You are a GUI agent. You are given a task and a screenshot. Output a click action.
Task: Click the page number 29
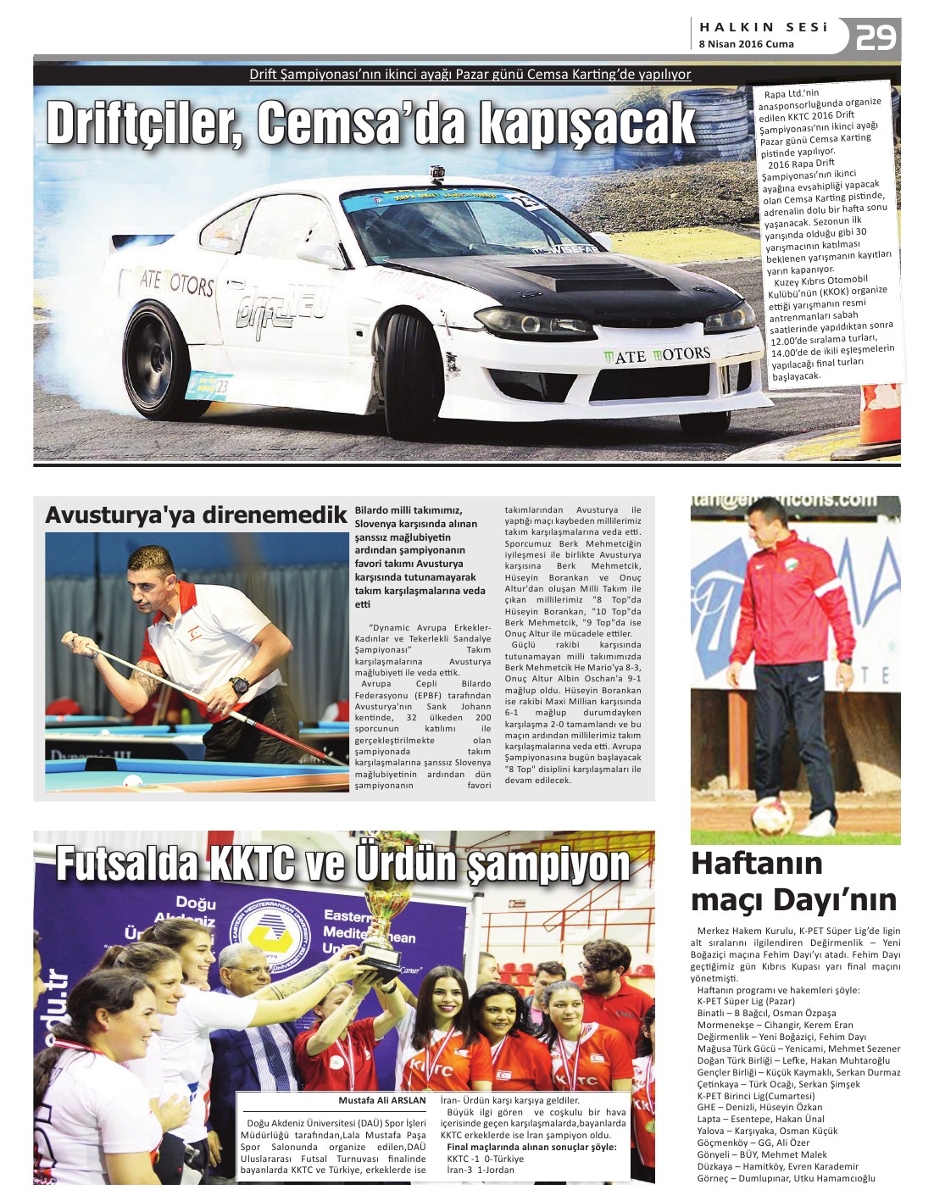[x=876, y=37]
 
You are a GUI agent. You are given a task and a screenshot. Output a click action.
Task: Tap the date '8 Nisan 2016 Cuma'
[x=746, y=44]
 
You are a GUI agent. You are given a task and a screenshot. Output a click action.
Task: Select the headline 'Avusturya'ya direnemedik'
[x=196, y=515]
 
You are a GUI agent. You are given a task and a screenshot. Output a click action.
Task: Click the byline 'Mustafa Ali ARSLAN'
[x=382, y=1100]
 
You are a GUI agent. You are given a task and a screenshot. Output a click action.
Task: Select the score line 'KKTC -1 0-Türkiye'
[x=486, y=1159]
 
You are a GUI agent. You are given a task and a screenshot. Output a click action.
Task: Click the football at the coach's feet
[x=772, y=817]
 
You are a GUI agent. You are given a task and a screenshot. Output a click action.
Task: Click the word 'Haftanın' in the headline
[x=757, y=864]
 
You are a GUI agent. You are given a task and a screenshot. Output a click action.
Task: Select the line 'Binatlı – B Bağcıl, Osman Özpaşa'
[x=766, y=1013]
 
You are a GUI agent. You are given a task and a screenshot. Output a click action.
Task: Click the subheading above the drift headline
[x=470, y=75]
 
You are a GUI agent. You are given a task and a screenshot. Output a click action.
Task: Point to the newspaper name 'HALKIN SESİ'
[x=763, y=27]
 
